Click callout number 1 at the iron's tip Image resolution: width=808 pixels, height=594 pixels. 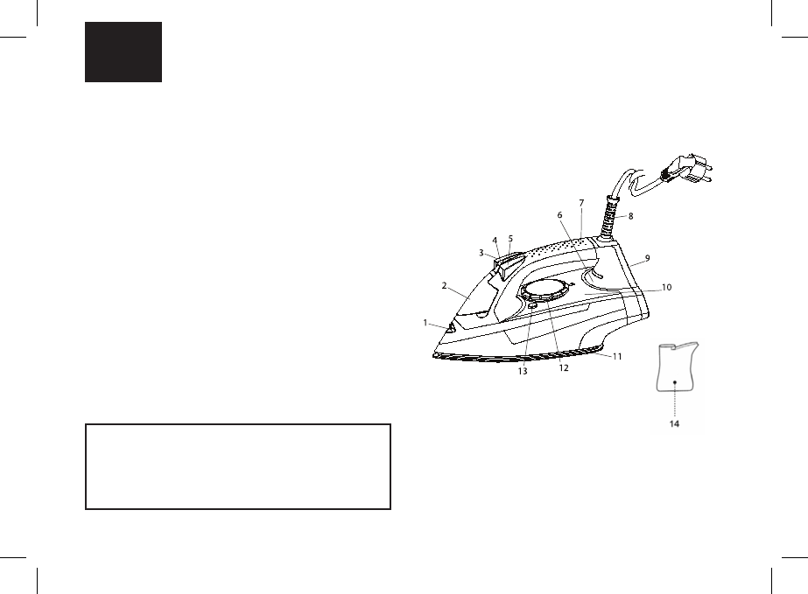pyautogui.click(x=426, y=323)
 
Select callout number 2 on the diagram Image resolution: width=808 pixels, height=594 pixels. pyautogui.click(x=445, y=285)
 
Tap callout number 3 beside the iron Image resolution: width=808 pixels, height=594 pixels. pyautogui.click(x=481, y=252)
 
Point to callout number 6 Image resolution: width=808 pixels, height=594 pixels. pyautogui.click(x=560, y=214)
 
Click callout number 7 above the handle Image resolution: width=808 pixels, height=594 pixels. pyautogui.click(x=580, y=204)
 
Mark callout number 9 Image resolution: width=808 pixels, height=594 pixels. pyautogui.click(x=647, y=258)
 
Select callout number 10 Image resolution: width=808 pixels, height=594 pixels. pyautogui.click(x=666, y=286)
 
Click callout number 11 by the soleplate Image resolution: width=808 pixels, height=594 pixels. pyautogui.click(x=617, y=356)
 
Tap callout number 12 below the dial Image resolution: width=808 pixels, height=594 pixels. pyautogui.click(x=564, y=368)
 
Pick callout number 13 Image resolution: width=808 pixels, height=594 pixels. pyautogui.click(x=523, y=371)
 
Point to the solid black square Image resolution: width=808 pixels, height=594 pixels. pyautogui.click(x=123, y=52)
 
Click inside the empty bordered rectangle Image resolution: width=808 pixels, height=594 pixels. pyautogui.click(x=237, y=467)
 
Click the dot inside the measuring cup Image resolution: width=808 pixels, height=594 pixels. pyautogui.click(x=675, y=382)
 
